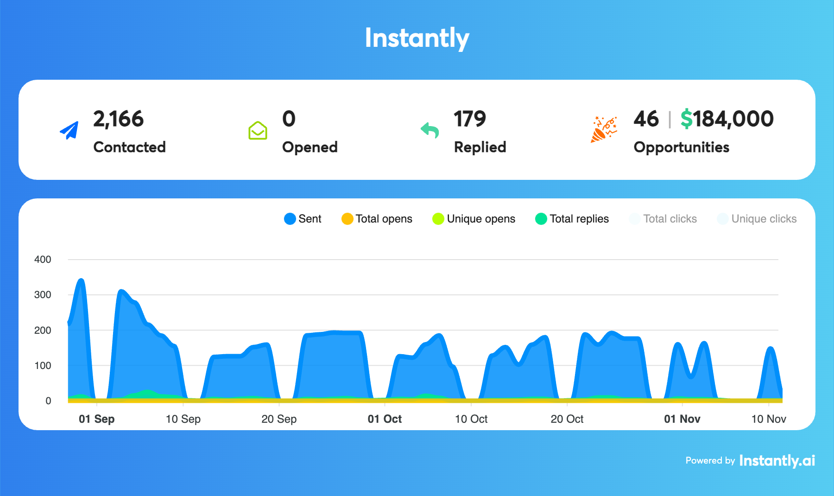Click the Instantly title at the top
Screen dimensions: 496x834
417,38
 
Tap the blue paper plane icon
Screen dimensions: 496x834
69,130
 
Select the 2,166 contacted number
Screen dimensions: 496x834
118,119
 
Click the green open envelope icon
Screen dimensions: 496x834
258,130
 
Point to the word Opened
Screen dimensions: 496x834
310,147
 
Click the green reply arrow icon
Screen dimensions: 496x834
430,130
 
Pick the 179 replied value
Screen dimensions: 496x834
469,119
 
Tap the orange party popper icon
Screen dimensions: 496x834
604,129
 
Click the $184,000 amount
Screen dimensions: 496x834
727,119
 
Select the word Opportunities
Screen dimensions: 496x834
681,147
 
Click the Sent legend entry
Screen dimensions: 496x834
303,219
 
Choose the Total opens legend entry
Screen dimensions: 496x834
377,219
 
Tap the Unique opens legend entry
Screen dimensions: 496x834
474,219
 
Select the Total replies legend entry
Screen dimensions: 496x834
572,219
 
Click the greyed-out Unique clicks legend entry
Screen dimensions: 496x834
757,219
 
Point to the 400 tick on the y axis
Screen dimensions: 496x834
43,260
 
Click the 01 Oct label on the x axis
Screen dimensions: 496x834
385,419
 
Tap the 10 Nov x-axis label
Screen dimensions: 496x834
768,419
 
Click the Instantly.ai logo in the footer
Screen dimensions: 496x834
777,460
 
